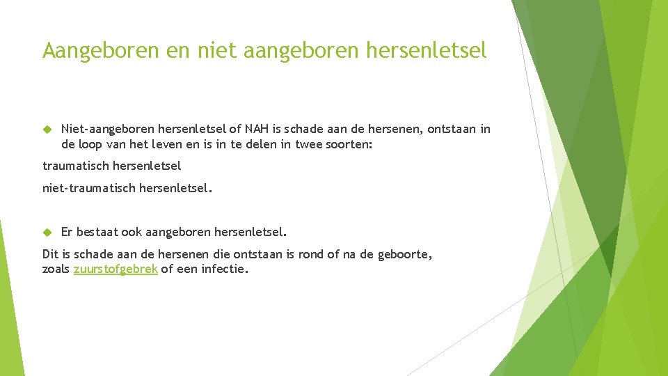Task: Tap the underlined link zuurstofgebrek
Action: (x=116, y=269)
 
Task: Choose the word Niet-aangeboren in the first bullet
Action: (x=108, y=129)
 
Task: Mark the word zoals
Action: (x=56, y=269)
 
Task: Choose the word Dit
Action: (x=50, y=255)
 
